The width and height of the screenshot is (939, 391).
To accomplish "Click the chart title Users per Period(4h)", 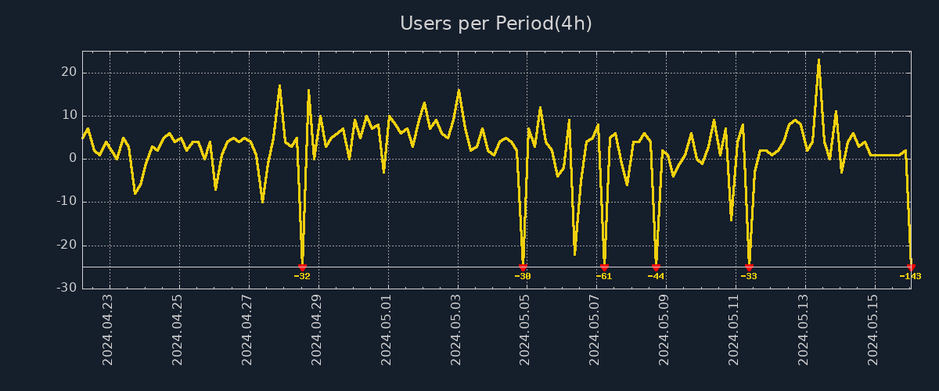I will [x=495, y=23].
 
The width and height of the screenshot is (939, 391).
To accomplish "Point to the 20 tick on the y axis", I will [x=69, y=72].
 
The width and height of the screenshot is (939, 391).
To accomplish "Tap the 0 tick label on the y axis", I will [x=72, y=158].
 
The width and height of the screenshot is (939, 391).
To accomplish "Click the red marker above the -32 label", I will [x=302, y=267].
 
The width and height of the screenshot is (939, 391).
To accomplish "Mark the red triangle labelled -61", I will [x=604, y=267].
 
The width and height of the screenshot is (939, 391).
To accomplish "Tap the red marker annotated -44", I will [x=656, y=267].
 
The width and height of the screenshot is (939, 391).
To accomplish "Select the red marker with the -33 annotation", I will [x=749, y=267].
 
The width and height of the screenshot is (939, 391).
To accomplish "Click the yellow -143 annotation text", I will [x=910, y=276].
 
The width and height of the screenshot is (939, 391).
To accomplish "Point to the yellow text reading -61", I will [x=604, y=276].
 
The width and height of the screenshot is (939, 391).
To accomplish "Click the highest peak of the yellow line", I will [x=818, y=59].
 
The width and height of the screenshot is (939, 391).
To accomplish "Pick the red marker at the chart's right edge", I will [x=911, y=267].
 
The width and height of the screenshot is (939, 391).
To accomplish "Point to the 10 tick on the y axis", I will [x=69, y=115].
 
